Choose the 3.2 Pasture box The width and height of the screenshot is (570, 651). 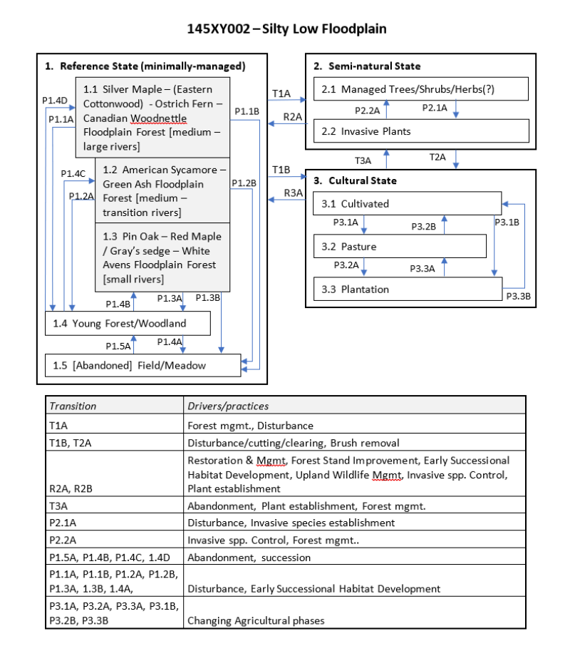click(400, 247)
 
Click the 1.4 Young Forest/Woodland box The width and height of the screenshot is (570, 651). click(128, 324)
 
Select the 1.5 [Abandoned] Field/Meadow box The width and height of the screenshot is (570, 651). click(142, 366)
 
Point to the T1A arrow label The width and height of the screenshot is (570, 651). click(281, 93)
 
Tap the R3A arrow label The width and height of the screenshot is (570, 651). click(293, 193)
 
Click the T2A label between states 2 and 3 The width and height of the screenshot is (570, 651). click(437, 157)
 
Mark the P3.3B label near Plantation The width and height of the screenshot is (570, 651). click(518, 296)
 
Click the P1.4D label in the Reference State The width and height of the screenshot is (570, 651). click(54, 101)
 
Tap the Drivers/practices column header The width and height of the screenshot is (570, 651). click(228, 406)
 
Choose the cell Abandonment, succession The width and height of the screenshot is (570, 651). click(249, 558)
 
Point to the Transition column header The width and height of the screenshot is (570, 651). click(73, 406)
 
